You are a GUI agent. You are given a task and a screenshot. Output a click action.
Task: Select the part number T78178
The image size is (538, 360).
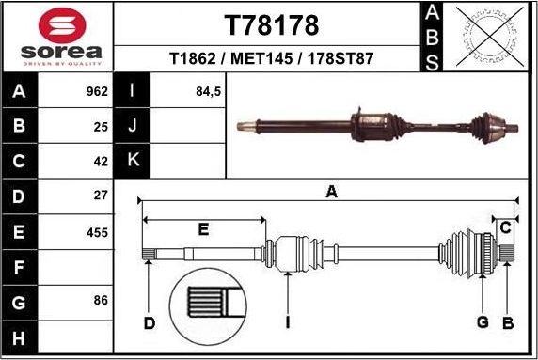coord(271,23)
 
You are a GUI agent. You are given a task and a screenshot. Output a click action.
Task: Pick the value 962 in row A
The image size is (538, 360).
coord(96,92)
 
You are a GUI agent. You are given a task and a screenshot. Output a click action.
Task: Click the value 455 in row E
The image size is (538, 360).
coord(96,232)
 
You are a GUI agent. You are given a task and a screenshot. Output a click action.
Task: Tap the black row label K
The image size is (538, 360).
coord(133,160)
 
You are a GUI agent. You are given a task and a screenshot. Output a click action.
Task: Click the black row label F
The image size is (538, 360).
coord(20,267)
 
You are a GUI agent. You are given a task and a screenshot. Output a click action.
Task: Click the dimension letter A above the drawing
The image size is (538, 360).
coord(331,193)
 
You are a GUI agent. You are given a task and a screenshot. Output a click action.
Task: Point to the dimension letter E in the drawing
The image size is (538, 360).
coord(203,229)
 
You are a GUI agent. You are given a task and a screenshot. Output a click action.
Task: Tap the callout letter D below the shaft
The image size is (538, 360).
coord(149,324)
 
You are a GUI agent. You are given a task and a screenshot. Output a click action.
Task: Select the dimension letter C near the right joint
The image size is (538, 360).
coord(506,227)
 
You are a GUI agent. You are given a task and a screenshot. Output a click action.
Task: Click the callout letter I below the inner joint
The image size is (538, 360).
coord(288,324)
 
